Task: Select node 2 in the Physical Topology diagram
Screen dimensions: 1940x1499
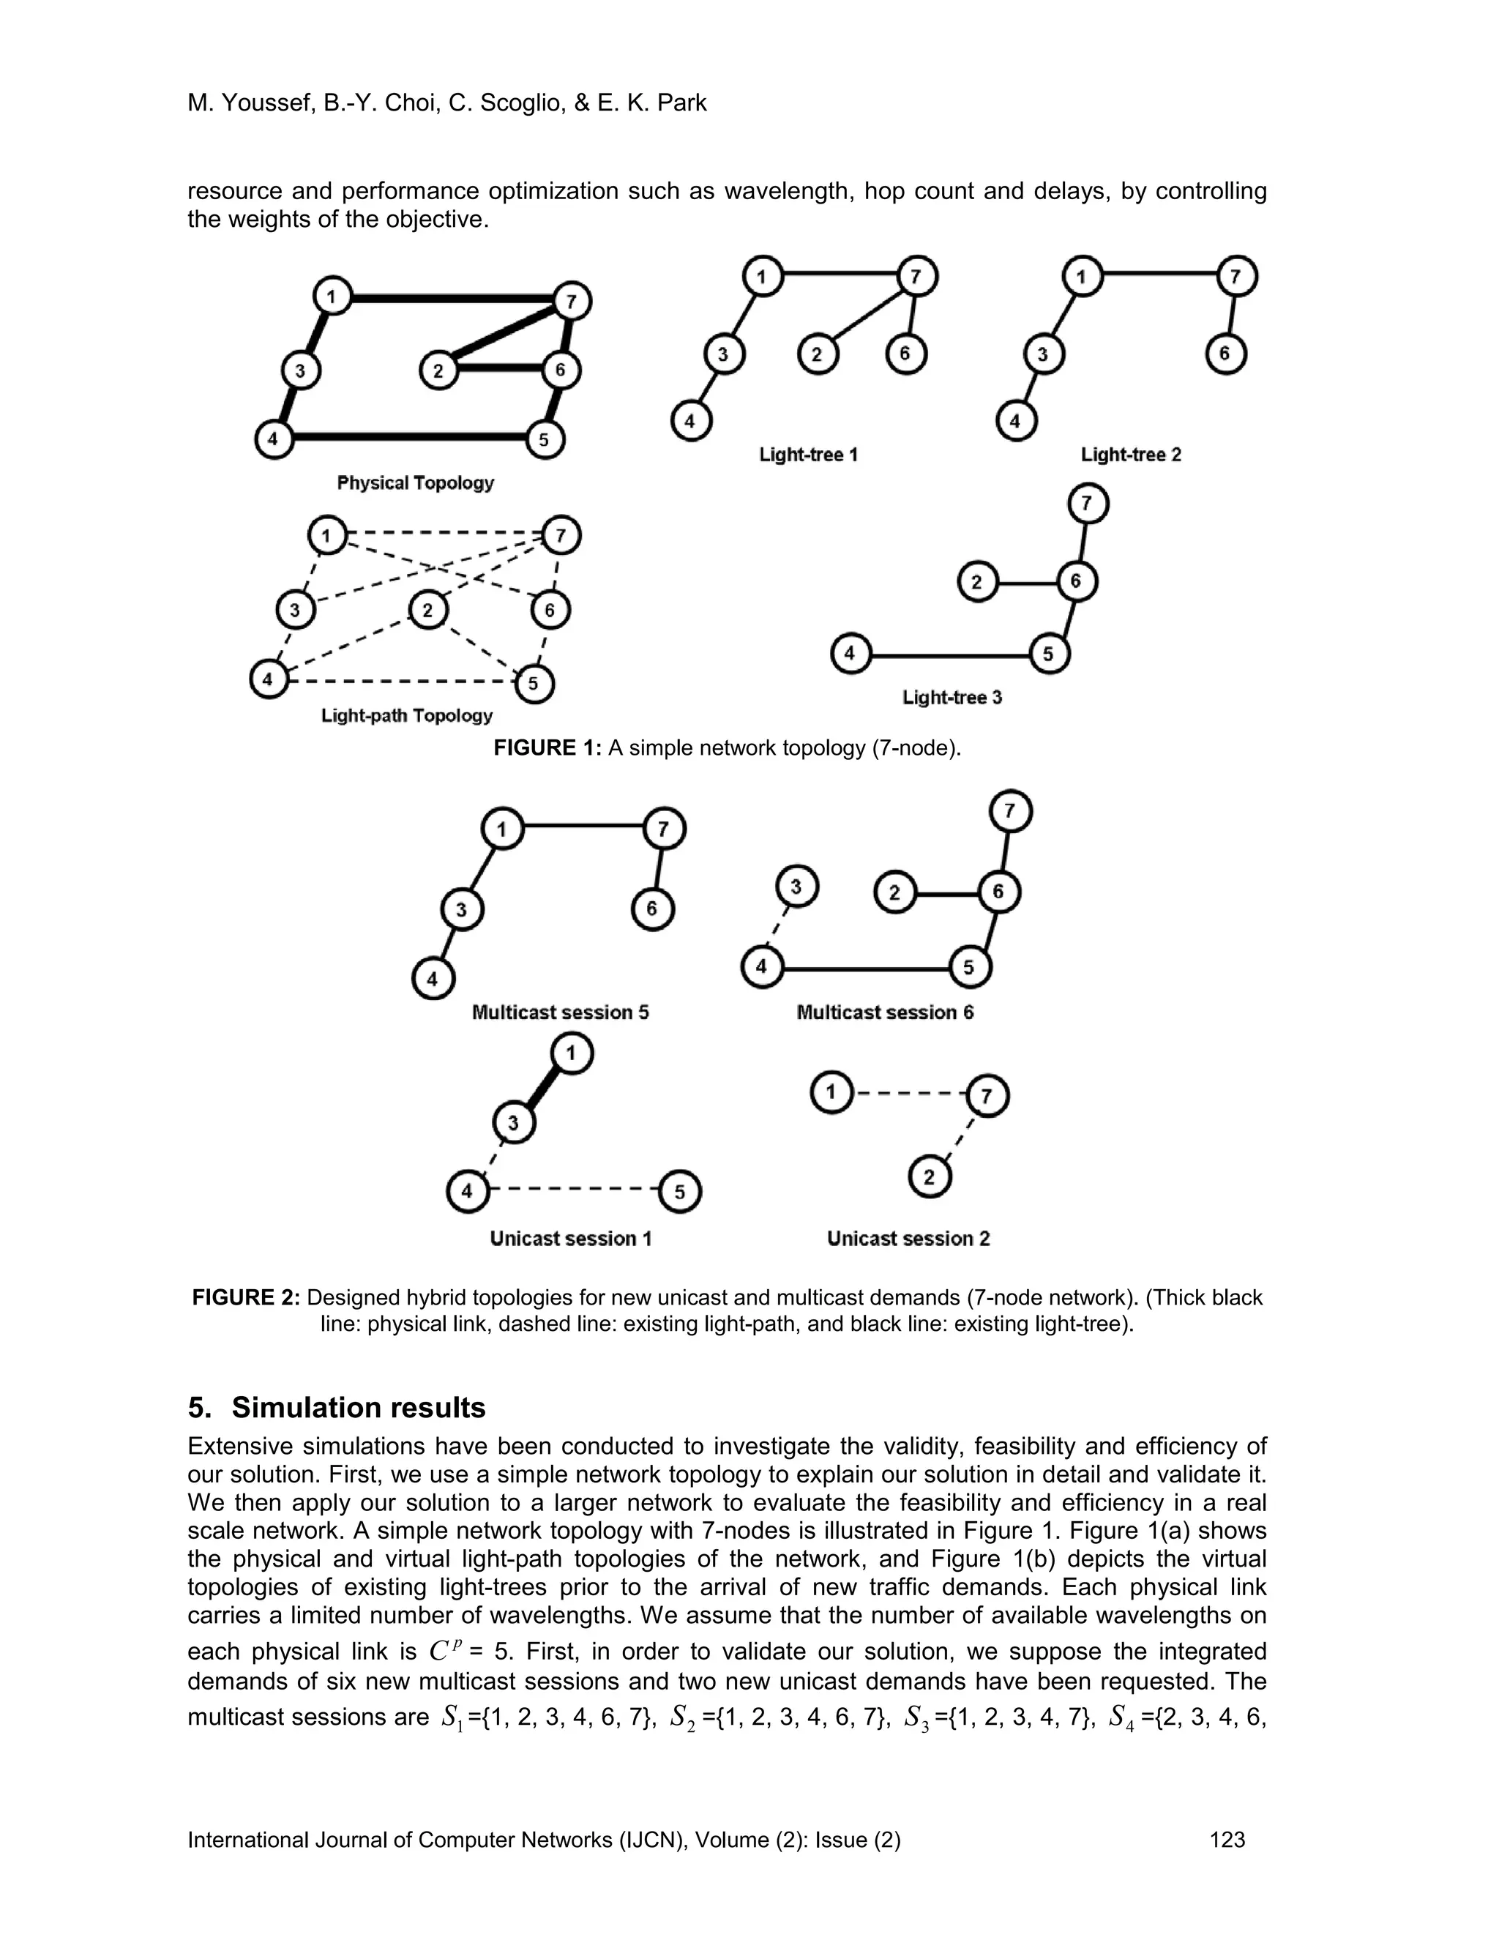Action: pos(438,370)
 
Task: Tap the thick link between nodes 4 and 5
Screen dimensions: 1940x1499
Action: pos(408,437)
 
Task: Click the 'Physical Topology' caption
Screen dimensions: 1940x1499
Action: pos(415,482)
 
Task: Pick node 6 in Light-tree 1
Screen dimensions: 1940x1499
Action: pos(905,354)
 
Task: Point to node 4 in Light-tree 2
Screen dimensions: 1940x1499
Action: pos(1016,420)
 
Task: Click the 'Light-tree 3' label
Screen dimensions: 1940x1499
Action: pos(952,697)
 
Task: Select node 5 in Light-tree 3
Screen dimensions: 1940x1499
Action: pos(1049,654)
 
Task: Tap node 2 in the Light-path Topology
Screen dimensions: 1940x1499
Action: pos(428,611)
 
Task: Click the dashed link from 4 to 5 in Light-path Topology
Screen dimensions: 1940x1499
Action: pos(400,682)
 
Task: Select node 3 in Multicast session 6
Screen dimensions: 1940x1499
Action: pos(796,887)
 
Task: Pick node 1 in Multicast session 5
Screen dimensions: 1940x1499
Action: pos(501,829)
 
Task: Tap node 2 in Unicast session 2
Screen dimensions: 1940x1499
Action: pos(930,1178)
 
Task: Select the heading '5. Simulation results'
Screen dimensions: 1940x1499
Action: pos(337,1408)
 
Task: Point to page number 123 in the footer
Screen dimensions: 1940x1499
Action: pos(1227,1839)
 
